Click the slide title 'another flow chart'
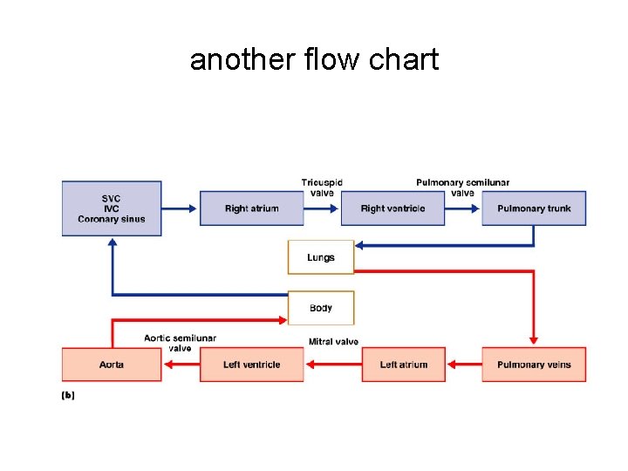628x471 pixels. click(314, 60)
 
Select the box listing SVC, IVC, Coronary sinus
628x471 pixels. click(112, 208)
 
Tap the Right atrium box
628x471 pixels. click(252, 208)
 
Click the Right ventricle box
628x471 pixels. click(392, 208)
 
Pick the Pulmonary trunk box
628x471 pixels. click(534, 208)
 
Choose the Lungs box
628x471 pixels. click(321, 257)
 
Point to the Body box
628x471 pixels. click(321, 308)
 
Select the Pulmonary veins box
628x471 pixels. click(534, 365)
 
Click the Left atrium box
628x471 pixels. click(404, 365)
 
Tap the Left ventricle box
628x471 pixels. click(252, 365)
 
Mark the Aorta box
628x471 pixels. click(112, 365)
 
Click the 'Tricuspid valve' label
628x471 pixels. click(322, 188)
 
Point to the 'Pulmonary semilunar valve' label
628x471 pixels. click(462, 188)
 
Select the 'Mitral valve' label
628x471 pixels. click(333, 342)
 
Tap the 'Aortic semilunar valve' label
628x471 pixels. click(181, 343)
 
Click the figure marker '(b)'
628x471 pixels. click(68, 395)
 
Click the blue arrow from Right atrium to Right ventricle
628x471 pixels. click(322, 208)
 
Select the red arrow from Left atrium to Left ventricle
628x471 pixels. click(333, 365)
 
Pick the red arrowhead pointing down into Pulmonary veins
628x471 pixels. click(534, 340)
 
